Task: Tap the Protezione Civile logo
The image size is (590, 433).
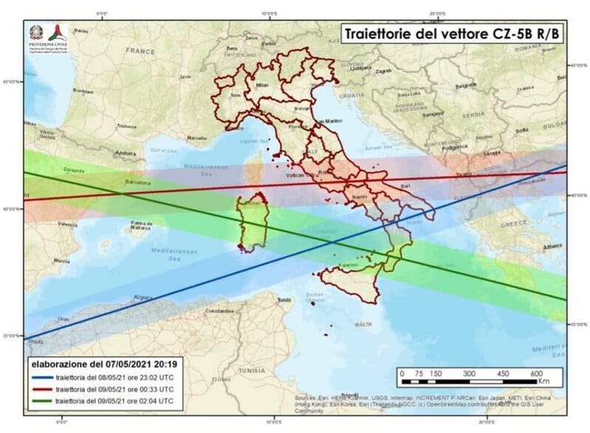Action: click(x=46, y=35)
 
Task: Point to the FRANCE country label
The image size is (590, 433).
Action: click(x=140, y=51)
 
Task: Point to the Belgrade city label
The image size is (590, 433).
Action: click(x=466, y=86)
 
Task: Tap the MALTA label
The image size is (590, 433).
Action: click(x=363, y=324)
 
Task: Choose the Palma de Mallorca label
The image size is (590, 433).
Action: click(x=142, y=224)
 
